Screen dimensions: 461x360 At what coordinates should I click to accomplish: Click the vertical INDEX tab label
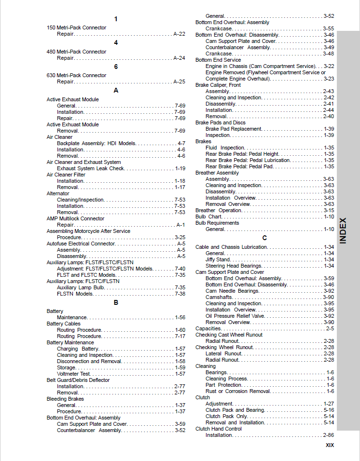point(343,230)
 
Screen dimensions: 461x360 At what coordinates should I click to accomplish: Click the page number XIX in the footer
point(330,445)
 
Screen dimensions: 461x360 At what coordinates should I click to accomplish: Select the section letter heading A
point(116,90)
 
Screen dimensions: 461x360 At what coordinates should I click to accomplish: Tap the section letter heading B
point(116,302)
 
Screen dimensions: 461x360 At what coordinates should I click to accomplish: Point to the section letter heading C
point(264,238)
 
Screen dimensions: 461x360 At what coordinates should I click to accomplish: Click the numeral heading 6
point(116,67)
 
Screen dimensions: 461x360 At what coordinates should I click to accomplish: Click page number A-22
point(179,34)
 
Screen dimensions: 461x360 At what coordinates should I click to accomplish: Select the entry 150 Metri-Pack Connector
point(76,27)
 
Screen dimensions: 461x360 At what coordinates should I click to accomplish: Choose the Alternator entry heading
point(58,193)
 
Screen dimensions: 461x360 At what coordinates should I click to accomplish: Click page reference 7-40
point(180,269)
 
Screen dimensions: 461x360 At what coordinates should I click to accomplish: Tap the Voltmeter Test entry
point(73,374)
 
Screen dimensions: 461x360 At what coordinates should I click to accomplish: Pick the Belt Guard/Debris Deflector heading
point(78,380)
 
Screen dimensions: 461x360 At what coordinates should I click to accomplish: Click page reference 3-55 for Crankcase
point(329,28)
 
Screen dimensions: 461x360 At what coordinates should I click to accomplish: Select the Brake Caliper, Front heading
point(218,85)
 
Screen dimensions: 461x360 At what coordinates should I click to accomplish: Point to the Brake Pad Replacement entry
point(234,129)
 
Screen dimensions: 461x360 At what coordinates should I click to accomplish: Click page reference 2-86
point(329,435)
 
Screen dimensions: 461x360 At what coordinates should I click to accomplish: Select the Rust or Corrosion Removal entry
point(238,391)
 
